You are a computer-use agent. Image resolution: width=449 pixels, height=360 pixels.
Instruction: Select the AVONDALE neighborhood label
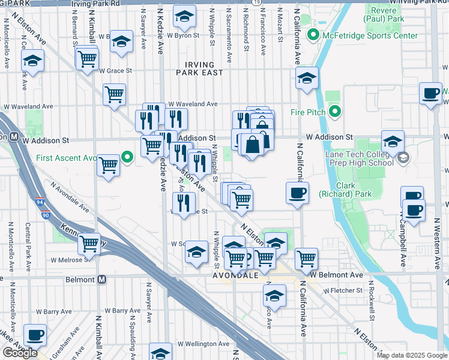(x=236, y=275)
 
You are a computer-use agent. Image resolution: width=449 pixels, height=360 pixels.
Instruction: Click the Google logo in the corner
(x=20, y=353)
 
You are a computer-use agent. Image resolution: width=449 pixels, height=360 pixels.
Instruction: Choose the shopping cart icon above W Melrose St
(x=89, y=244)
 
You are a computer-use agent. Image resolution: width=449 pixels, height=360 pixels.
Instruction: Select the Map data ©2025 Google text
(x=411, y=355)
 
